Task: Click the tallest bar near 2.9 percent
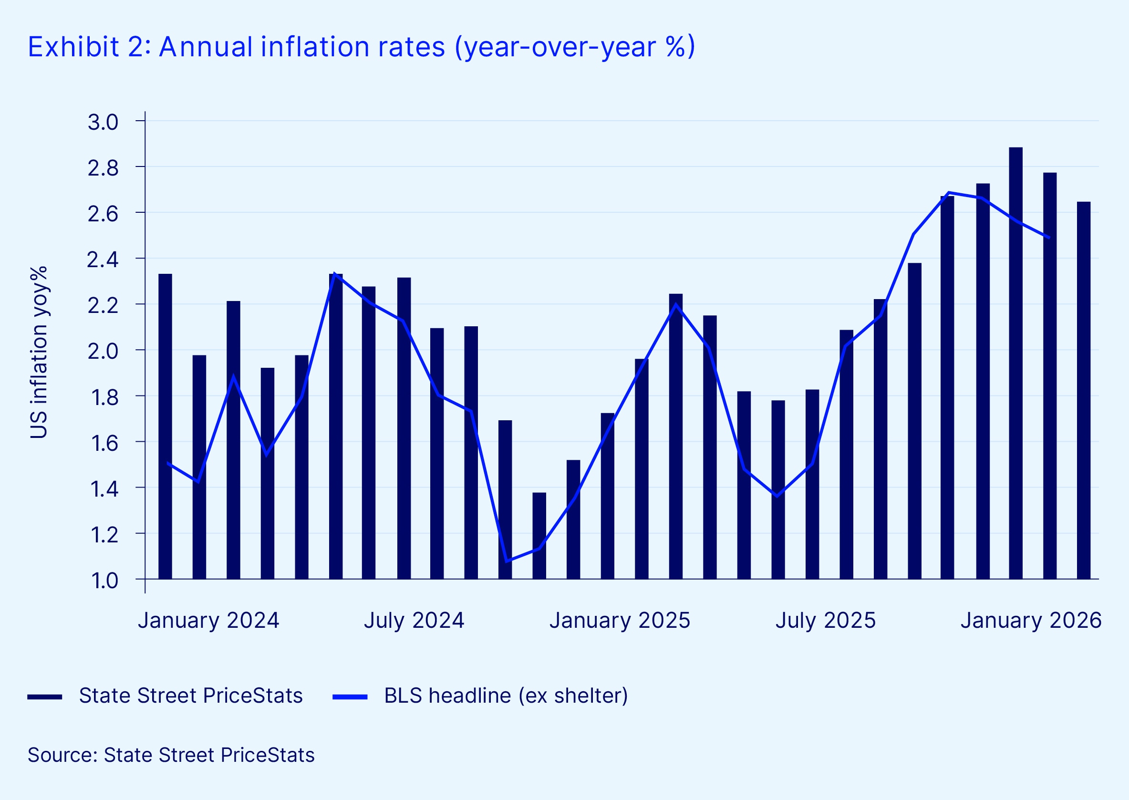point(1015,364)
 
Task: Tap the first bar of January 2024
point(166,426)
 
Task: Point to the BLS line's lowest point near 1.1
point(507,561)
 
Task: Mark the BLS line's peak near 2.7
point(949,193)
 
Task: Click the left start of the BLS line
point(168,463)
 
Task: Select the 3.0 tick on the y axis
point(103,122)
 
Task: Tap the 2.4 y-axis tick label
point(103,260)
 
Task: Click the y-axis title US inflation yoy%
point(39,352)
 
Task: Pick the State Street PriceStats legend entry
point(190,696)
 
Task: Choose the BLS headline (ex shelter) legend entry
point(506,696)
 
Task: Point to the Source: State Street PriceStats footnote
point(171,755)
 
